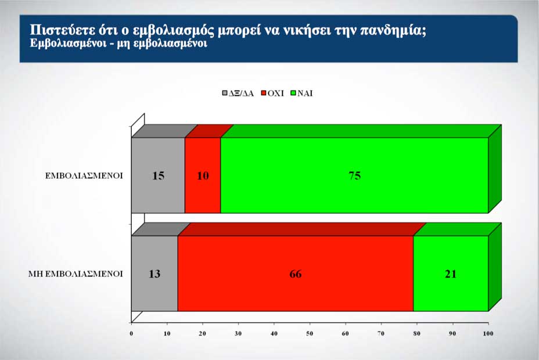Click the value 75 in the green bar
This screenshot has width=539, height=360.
click(355, 176)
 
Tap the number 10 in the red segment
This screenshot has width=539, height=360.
click(203, 176)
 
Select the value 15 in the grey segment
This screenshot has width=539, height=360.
click(158, 176)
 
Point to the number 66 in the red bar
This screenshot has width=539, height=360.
click(296, 274)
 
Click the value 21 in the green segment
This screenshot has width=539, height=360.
click(451, 274)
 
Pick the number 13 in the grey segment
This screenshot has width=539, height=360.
click(154, 274)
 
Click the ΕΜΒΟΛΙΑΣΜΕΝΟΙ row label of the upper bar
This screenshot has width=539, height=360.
click(84, 176)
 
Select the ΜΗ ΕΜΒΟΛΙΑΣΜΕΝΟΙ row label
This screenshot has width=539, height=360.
click(76, 274)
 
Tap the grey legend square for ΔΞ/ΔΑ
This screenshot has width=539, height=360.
click(225, 93)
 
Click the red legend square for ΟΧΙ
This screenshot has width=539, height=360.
click(264, 93)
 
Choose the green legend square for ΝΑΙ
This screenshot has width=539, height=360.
click(293, 93)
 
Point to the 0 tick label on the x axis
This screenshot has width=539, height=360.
click(131, 333)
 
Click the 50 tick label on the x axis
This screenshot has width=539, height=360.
click(310, 333)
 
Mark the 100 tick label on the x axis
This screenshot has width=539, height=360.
click(488, 333)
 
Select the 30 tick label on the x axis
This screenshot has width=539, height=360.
click(238, 333)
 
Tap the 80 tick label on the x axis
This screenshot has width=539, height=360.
click(417, 333)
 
